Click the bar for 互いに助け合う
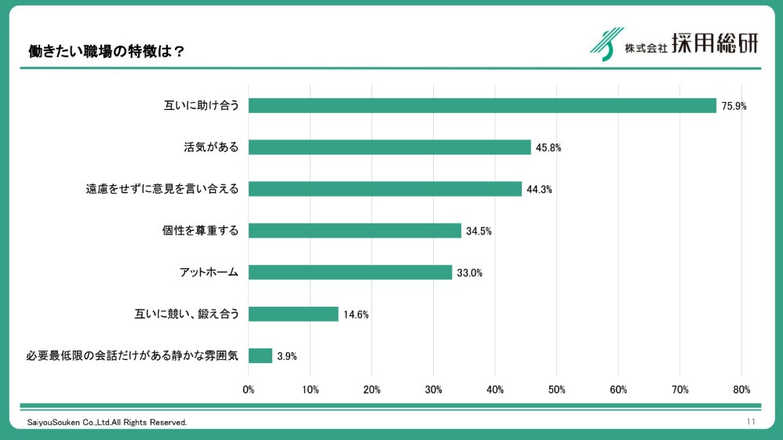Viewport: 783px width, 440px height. click(x=482, y=105)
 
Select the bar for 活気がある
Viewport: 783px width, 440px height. click(x=389, y=147)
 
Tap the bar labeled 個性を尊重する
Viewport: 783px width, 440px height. click(x=355, y=231)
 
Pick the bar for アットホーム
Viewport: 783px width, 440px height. click(x=350, y=272)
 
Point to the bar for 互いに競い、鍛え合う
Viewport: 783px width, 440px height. click(x=293, y=314)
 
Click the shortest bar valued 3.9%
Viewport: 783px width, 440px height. click(x=260, y=355)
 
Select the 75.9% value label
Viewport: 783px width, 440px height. click(x=734, y=106)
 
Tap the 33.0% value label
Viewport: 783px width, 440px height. click(x=469, y=273)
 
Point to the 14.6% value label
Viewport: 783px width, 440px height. click(x=355, y=315)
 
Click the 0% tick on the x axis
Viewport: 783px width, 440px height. click(x=249, y=389)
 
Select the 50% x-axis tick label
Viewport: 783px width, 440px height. click(x=556, y=389)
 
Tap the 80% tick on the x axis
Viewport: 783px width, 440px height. click(x=741, y=389)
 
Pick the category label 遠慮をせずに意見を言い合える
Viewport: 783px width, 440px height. click(x=162, y=189)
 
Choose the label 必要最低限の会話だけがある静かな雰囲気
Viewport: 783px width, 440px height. click(x=131, y=356)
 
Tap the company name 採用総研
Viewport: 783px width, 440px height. click(x=716, y=44)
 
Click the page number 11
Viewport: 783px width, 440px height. click(x=751, y=422)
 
